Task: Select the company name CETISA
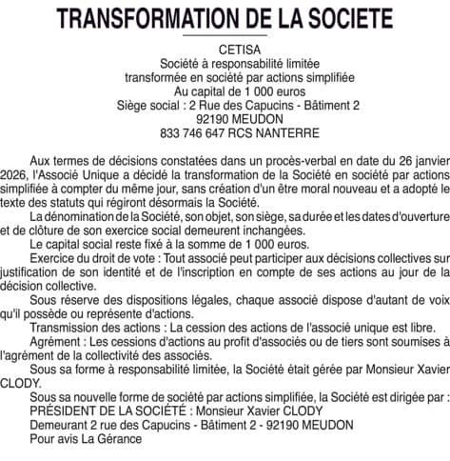click(x=225, y=49)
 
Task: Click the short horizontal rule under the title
click(x=225, y=35)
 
